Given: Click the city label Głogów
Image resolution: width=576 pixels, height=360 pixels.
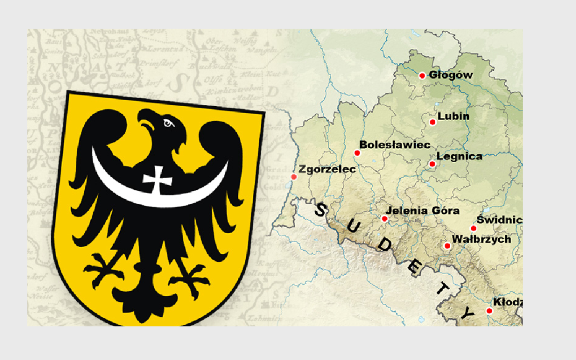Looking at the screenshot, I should [x=451, y=75].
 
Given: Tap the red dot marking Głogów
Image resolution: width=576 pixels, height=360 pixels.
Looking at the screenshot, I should [x=422, y=76].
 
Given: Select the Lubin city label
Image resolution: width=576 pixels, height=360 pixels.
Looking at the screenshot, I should [x=453, y=116].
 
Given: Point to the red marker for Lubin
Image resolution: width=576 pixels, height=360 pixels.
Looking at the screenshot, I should [x=433, y=122].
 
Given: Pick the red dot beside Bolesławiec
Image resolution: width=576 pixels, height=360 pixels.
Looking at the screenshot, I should [x=357, y=153].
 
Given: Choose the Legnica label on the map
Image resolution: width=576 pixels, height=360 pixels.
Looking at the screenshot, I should [x=459, y=156].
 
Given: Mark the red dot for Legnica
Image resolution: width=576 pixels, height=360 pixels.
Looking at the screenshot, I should [x=433, y=164].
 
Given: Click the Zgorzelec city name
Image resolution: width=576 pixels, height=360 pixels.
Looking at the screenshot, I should [x=327, y=169].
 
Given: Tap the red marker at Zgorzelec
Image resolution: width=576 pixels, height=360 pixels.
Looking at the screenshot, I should [x=294, y=177].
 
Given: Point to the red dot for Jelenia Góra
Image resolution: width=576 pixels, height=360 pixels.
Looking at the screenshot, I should [x=385, y=219].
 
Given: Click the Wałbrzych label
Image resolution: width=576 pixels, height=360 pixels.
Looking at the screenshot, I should [x=481, y=239].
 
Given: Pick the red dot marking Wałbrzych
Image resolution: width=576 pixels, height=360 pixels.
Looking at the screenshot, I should [x=447, y=246].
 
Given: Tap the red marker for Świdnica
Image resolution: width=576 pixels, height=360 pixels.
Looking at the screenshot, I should [x=473, y=228].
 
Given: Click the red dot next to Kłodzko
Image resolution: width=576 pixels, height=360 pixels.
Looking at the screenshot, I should [x=489, y=311].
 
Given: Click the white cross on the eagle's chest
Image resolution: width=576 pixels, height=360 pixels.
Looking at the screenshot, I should [x=158, y=179].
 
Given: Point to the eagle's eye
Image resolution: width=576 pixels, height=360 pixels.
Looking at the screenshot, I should [x=169, y=124].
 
